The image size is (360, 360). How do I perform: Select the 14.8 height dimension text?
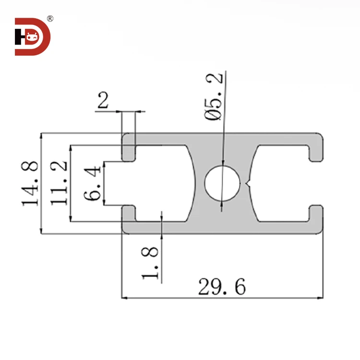30,184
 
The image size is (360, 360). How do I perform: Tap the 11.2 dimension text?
59,184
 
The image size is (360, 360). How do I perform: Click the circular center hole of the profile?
222,183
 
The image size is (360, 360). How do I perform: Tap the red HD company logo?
32,36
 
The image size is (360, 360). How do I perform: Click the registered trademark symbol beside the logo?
50,19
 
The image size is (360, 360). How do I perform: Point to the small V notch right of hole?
248,183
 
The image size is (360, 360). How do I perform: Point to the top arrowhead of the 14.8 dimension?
41,136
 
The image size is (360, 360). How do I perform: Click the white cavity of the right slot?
281,183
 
